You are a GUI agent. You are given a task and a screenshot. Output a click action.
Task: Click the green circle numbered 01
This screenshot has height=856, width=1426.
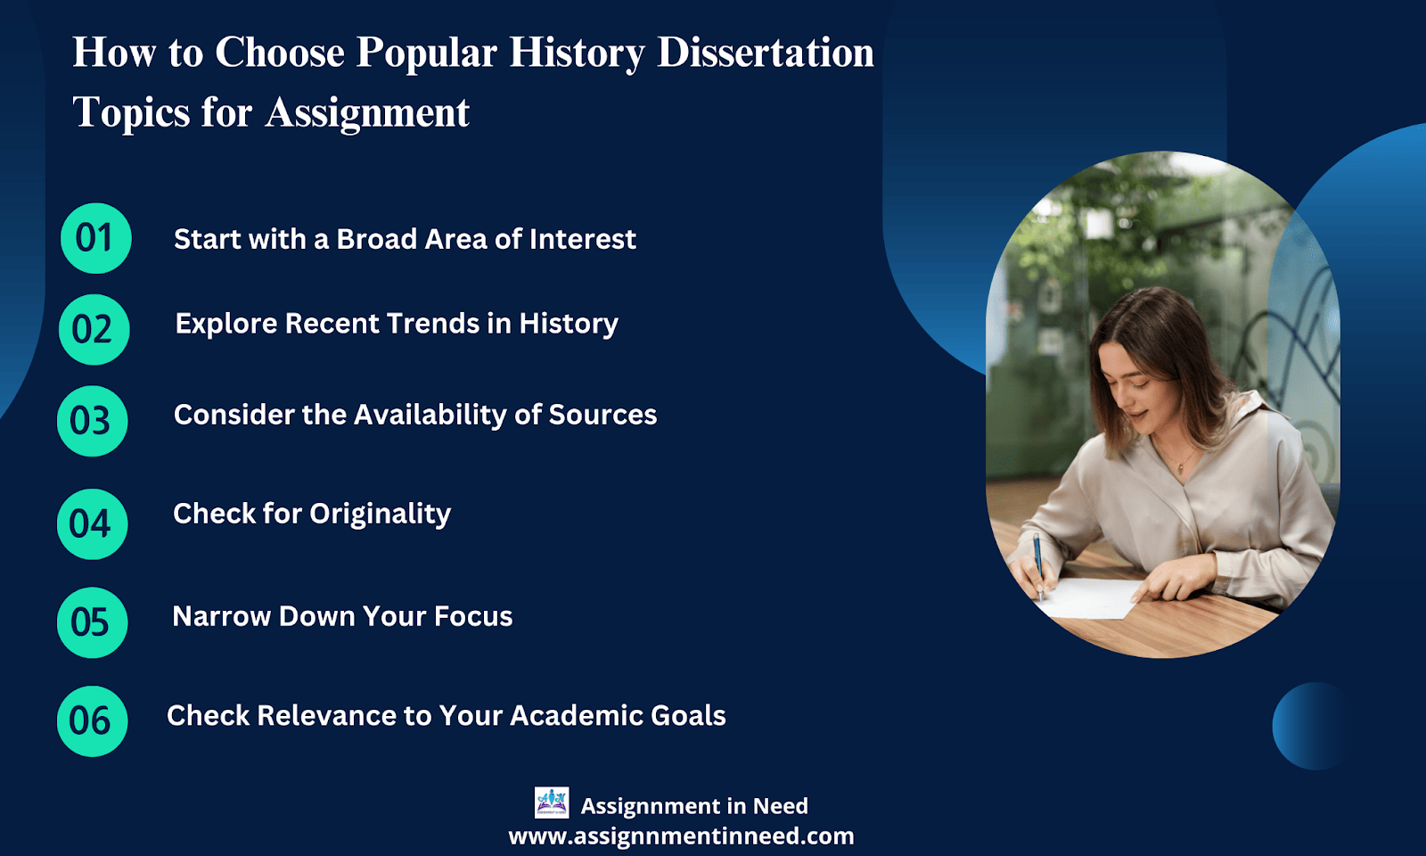click(x=96, y=238)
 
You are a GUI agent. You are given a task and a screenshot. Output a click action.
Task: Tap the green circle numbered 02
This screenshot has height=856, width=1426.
click(x=94, y=329)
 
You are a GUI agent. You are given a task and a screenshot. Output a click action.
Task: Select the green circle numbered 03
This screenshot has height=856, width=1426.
click(x=93, y=421)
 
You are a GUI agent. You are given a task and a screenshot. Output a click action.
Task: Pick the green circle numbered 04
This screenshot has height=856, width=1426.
click(x=93, y=524)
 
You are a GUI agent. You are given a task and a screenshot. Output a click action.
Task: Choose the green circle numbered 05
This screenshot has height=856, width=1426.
click(x=93, y=622)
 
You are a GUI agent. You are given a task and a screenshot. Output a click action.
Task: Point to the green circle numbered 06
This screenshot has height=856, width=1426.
click(x=93, y=721)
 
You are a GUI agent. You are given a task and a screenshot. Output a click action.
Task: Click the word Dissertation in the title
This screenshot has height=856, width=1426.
click(x=766, y=53)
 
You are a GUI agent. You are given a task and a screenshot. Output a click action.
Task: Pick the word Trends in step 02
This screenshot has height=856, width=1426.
click(x=433, y=323)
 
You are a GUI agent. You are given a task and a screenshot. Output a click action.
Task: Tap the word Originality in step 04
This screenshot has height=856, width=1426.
click(x=380, y=514)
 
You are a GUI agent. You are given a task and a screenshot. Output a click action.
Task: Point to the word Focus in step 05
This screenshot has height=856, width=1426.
click(x=473, y=616)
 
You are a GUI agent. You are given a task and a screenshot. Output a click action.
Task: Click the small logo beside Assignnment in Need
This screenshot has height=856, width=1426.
click(x=552, y=802)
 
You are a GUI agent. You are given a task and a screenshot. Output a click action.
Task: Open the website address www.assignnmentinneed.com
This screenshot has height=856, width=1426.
click(x=681, y=835)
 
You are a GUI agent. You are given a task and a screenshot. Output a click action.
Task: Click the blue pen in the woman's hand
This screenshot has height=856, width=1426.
click(x=1037, y=566)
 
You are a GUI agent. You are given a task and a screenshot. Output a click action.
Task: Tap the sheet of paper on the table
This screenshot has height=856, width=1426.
click(x=1090, y=597)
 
